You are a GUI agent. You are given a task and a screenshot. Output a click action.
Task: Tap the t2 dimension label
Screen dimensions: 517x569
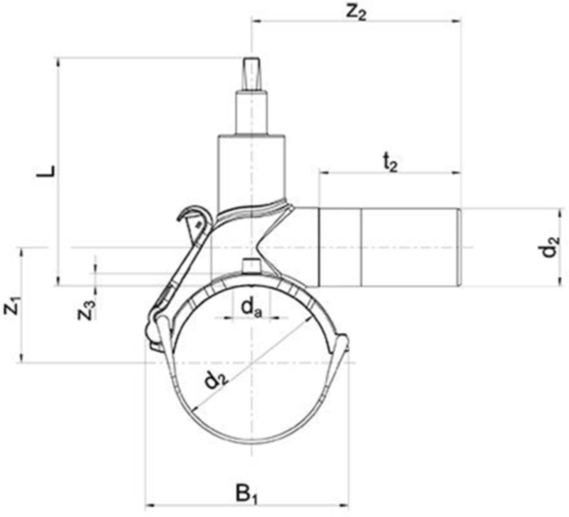391,165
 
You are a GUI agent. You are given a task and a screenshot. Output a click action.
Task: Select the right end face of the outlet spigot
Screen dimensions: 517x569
459,247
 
